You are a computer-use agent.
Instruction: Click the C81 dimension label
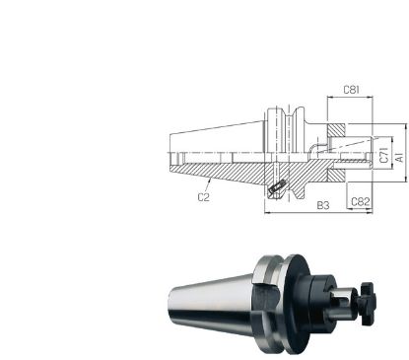351,91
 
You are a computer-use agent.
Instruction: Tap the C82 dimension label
362,201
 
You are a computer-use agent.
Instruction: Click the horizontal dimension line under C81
351,100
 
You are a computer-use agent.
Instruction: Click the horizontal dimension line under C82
362,211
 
